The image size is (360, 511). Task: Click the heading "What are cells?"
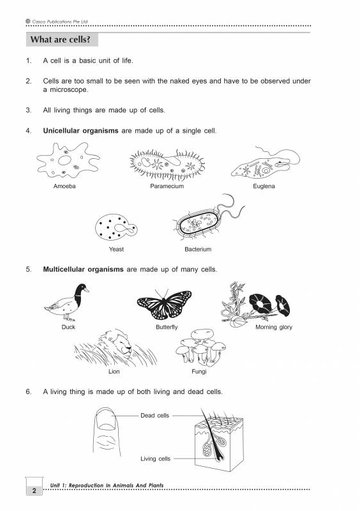pos(60,39)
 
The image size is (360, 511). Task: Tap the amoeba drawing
pos(68,160)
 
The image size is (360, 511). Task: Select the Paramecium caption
pos(167,186)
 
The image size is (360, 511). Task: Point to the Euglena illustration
pos(265,163)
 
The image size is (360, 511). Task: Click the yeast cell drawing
pos(116,227)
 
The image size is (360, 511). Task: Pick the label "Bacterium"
pos(198,249)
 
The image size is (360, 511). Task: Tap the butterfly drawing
pos(164,304)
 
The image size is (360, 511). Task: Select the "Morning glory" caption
pos(274,327)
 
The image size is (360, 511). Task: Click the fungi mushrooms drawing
pos(201,347)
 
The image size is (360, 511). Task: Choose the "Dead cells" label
pos(155,415)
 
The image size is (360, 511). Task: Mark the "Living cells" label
pos(155,459)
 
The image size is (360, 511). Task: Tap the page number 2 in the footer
pos(34,490)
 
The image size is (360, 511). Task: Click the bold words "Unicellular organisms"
pos(81,131)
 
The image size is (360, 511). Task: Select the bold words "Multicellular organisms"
pos(83,269)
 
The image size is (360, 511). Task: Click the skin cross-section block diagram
pos(219,440)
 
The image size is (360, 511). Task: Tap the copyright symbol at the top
pos(28,21)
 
